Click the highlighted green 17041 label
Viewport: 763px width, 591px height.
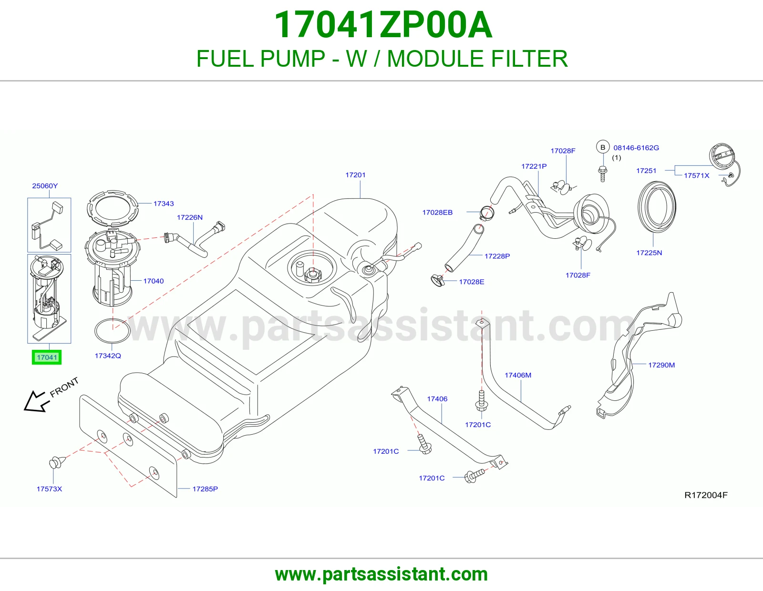pos(47,357)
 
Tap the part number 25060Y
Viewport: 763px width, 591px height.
pos(45,186)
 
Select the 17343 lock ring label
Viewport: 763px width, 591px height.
pos(164,204)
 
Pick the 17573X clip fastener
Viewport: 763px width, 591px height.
pos(56,462)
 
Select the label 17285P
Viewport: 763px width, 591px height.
pos(205,489)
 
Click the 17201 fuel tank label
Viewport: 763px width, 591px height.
pos(355,175)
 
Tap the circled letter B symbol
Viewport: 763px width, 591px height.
pos(603,147)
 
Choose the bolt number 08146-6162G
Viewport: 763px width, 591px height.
pos(636,148)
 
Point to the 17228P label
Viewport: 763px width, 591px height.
pos(497,256)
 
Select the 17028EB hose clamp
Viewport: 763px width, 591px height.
pos(487,213)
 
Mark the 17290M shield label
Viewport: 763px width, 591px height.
pos(661,365)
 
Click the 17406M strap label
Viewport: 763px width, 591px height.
pos(518,375)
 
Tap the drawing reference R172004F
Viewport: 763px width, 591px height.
pos(706,495)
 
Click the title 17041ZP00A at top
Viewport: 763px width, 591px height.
pos(383,25)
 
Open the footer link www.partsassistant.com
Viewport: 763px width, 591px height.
pos(381,574)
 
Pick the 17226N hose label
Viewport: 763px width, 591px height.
pos(190,218)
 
